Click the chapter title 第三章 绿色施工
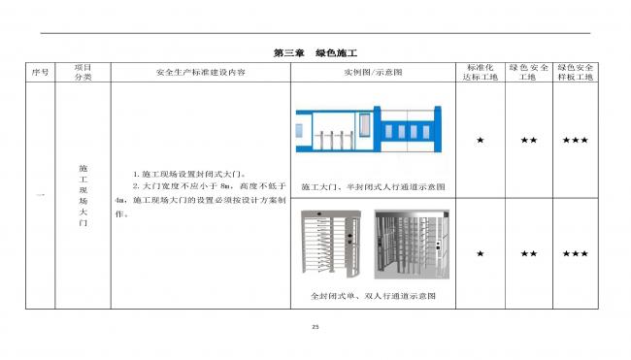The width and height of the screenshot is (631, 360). tap(316, 51)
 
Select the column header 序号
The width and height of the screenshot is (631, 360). tap(40, 73)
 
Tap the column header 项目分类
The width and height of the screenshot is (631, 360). tap(83, 73)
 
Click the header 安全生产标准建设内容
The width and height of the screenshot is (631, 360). tap(200, 73)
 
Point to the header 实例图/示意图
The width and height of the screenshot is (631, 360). tap(373, 73)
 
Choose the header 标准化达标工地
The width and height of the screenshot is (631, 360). tap(480, 73)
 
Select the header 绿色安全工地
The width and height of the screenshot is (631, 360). tap(528, 73)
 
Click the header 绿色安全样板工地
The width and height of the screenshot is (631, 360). tap(576, 73)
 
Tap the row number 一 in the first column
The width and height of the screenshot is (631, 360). tap(40, 196)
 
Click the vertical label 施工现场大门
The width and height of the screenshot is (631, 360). tap(83, 195)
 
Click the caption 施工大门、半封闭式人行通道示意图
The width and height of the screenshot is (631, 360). tap(373, 186)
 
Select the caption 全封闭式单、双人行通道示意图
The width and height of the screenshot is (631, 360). tap(373, 295)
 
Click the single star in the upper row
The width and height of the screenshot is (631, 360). tap(480, 141)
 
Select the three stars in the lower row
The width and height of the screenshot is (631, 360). tap(576, 253)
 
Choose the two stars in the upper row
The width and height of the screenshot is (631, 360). tap(528, 141)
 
